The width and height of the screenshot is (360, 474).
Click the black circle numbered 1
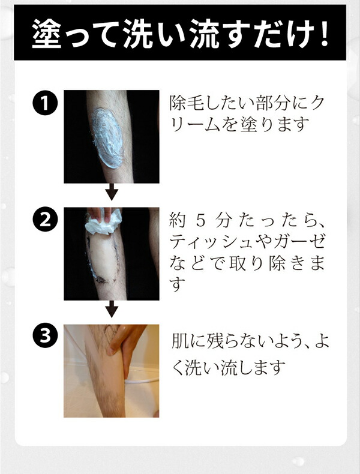(45, 103)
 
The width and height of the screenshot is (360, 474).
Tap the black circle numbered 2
(45, 220)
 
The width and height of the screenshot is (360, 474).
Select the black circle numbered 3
(45, 335)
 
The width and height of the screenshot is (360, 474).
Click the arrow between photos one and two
(112, 191)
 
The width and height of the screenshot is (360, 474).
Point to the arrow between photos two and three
(112, 309)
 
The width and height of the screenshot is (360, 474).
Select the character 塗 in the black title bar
(47, 33)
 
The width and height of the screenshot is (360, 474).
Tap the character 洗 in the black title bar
(138, 33)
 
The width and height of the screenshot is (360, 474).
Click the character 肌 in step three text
(179, 341)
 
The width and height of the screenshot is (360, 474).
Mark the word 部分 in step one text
(271, 103)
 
